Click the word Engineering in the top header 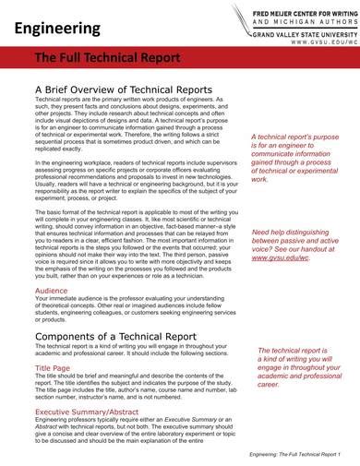[56, 29]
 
